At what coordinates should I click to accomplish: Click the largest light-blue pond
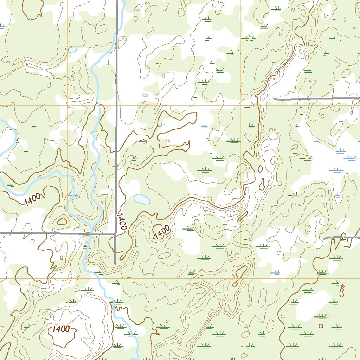(142, 199)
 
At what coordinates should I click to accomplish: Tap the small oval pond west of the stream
(73, 49)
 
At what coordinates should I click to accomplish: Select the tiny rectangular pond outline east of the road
(145, 95)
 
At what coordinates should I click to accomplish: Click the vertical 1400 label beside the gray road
(121, 221)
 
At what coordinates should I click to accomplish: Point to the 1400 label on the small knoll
(162, 232)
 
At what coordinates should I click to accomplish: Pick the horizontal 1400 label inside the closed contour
(60, 329)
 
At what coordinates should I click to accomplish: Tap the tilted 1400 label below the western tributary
(33, 200)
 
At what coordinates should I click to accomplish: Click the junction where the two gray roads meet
(115, 233)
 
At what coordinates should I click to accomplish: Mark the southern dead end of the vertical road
(115, 263)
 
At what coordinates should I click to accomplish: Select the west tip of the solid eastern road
(274, 99)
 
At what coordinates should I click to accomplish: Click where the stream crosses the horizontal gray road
(92, 233)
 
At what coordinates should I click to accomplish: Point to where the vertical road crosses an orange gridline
(116, 105)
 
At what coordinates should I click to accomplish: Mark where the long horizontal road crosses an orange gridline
(67, 233)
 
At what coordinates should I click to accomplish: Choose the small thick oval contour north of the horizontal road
(62, 221)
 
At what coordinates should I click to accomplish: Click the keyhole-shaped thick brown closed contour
(342, 290)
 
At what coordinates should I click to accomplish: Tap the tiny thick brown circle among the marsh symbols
(321, 326)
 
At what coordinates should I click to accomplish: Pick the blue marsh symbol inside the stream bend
(73, 194)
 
